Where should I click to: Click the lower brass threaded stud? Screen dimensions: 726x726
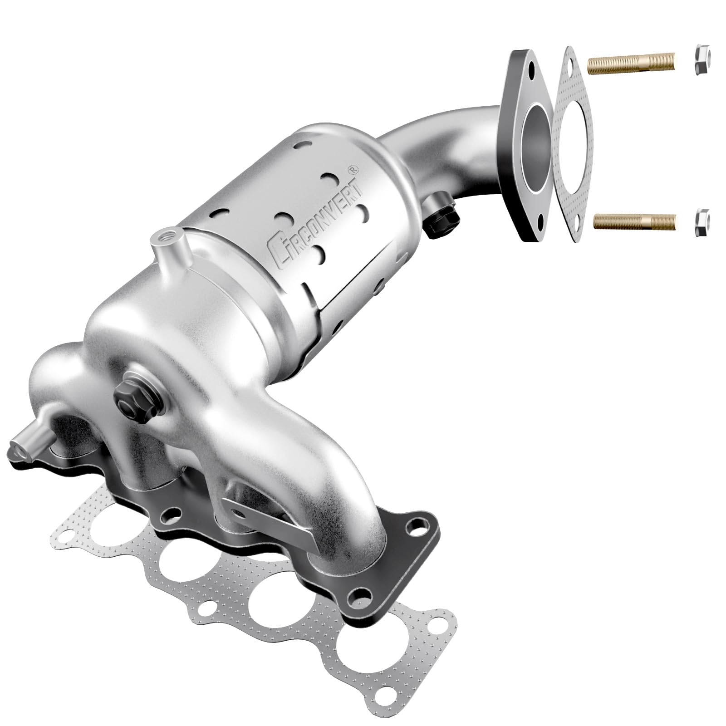click(x=635, y=221)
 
